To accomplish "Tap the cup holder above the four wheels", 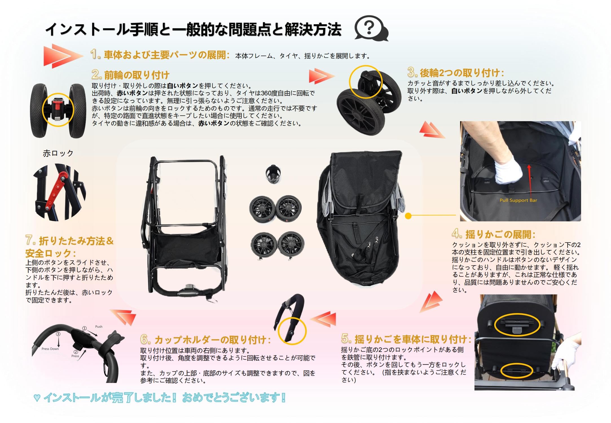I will pyautogui.click(x=273, y=174).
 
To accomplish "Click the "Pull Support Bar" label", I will pyautogui.click(x=518, y=200).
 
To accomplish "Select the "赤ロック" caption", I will pyautogui.click(x=58, y=153).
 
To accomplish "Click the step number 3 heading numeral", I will pyautogui.click(x=412, y=72).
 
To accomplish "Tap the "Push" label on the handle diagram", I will pyautogui.click(x=99, y=327).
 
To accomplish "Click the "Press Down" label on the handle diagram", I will pyautogui.click(x=50, y=349).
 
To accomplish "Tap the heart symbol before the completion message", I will pyautogui.click(x=37, y=398).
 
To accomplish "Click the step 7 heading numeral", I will pyautogui.click(x=30, y=240).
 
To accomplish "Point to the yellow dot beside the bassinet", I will pyautogui.click(x=408, y=216).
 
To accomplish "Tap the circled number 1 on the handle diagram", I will pyautogui.click(x=84, y=328).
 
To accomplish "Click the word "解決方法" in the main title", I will pyautogui.click(x=313, y=29).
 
